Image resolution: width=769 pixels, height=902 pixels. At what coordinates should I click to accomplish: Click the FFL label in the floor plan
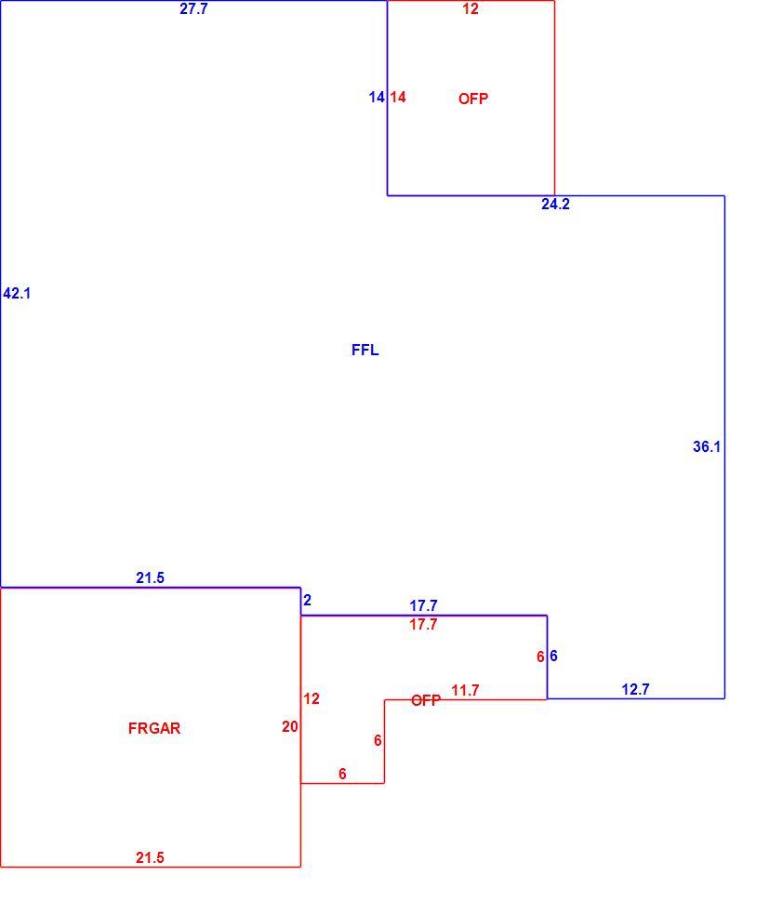[x=365, y=350]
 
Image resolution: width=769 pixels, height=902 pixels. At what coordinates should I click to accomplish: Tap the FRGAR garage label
[x=154, y=728]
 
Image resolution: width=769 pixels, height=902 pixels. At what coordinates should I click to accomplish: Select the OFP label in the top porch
[x=473, y=99]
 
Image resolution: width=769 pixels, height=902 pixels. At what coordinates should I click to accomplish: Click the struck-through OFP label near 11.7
[x=426, y=700]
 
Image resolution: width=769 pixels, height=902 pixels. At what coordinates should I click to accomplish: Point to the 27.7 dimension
[x=193, y=8]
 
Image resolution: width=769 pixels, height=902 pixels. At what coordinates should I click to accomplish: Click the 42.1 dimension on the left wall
[x=17, y=293]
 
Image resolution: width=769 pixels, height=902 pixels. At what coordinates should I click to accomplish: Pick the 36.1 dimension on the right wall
[x=707, y=446]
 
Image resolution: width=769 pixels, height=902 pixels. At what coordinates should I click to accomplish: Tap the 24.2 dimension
[x=555, y=204]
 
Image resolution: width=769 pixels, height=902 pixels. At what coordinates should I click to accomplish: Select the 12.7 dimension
[x=635, y=689]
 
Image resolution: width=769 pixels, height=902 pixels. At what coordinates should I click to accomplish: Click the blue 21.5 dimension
[x=150, y=577]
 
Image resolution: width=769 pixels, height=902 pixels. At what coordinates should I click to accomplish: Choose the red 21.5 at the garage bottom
[x=150, y=857]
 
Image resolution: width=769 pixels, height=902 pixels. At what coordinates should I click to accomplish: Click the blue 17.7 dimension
[x=423, y=605]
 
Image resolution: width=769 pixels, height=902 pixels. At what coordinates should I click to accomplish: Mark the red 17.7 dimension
[x=423, y=624]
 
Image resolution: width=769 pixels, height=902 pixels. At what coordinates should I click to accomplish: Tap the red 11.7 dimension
[x=465, y=690]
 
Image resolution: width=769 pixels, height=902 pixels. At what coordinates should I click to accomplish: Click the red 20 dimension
[x=290, y=727]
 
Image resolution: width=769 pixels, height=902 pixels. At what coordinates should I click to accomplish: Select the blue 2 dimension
[x=307, y=600]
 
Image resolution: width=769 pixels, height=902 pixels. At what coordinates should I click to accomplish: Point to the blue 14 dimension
[x=377, y=98]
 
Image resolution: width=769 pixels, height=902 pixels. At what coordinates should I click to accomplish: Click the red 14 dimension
[x=398, y=98]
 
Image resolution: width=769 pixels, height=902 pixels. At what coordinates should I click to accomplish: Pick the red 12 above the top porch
[x=471, y=8]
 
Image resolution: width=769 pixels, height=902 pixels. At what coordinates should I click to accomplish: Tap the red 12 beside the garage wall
[x=312, y=698]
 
